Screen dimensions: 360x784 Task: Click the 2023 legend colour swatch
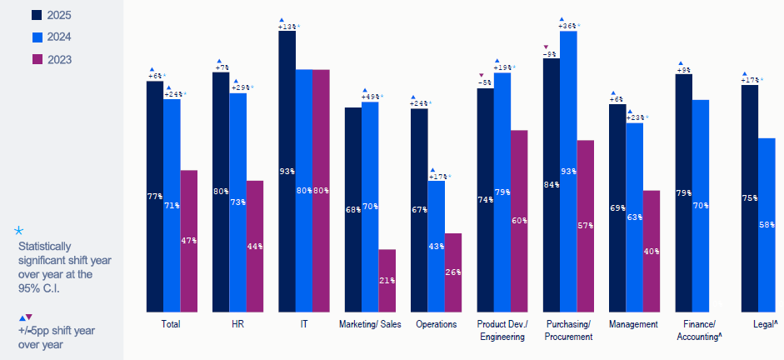(x=37, y=59)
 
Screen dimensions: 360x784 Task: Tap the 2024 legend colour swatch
(x=37, y=37)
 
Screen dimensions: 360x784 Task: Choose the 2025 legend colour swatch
(x=37, y=14)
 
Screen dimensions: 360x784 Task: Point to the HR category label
(x=237, y=324)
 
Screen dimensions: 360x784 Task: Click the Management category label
(x=633, y=324)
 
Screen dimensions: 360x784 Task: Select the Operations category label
(x=436, y=324)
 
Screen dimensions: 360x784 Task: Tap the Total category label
(x=172, y=324)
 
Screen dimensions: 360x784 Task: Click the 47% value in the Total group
(x=189, y=241)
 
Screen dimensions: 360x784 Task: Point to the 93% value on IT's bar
(x=287, y=172)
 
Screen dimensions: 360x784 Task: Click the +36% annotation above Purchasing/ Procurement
(x=568, y=26)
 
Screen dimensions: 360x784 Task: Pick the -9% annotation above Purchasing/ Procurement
(x=550, y=54)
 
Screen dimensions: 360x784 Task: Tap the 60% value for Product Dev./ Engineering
(x=518, y=221)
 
